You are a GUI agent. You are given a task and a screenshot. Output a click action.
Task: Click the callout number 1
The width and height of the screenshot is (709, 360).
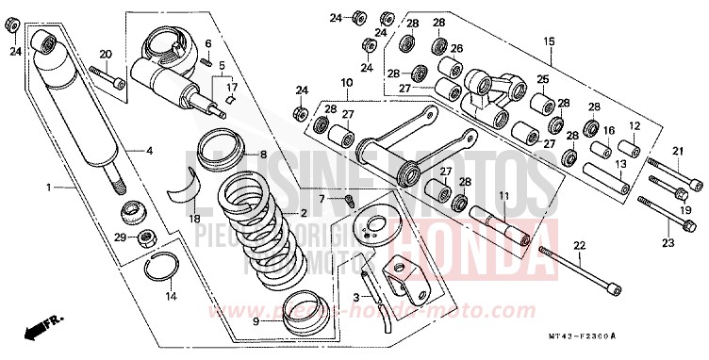tap(48, 188)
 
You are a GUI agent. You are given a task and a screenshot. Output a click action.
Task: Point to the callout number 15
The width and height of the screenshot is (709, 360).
tap(549, 41)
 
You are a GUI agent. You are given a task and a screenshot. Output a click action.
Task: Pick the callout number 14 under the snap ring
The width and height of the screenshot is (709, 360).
tap(170, 297)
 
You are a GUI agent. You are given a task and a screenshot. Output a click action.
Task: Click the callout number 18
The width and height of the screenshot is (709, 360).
tap(195, 219)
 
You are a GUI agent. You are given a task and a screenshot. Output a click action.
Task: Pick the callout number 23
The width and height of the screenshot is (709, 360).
tap(668, 244)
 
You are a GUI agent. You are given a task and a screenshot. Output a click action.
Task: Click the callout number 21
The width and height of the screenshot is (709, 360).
tap(677, 152)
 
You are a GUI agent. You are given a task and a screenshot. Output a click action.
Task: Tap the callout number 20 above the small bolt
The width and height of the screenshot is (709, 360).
tap(106, 54)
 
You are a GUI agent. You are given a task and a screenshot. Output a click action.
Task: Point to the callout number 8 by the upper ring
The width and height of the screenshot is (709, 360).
tap(263, 155)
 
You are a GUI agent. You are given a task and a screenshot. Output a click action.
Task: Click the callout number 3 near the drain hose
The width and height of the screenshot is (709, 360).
tap(354, 297)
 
